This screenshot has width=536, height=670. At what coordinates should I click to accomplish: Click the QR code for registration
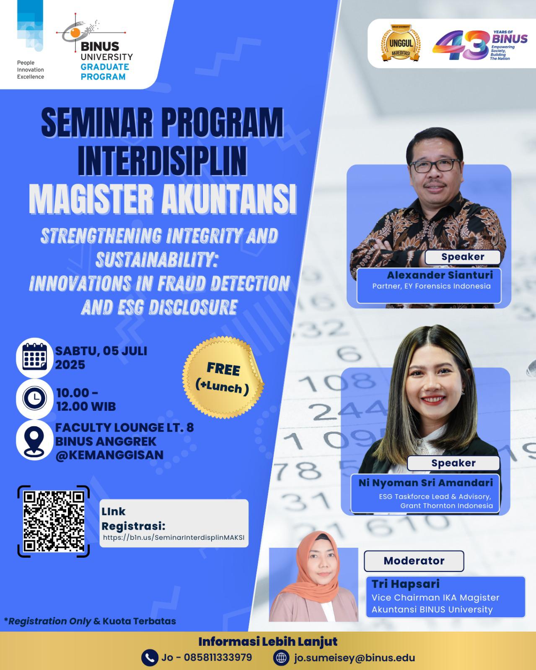(x=54, y=521)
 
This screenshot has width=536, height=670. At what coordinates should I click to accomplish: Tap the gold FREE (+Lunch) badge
(x=223, y=377)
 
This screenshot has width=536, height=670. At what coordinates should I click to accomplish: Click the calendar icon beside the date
(x=35, y=358)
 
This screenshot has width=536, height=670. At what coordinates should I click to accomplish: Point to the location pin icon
(x=34, y=440)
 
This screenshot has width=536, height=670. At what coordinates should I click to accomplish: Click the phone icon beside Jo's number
(x=150, y=657)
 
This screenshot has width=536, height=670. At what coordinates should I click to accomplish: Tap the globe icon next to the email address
(x=281, y=657)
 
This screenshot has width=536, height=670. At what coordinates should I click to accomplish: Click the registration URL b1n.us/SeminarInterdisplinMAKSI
(x=173, y=537)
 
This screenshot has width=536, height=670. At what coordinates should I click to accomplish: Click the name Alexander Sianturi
(x=440, y=275)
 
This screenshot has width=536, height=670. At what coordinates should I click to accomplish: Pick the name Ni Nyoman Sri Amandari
(x=426, y=482)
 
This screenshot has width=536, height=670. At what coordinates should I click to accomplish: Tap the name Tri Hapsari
(x=405, y=584)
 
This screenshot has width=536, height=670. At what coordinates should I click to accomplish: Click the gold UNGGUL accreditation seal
(x=401, y=43)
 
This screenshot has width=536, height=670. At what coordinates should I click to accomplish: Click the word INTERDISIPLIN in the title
(x=162, y=161)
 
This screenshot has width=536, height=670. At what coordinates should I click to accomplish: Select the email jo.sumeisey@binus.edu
(x=354, y=658)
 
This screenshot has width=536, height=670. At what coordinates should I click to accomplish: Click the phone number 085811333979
(x=218, y=657)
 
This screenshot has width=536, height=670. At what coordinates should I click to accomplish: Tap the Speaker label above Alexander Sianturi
(x=463, y=257)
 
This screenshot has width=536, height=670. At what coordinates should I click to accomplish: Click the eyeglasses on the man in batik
(x=435, y=166)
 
